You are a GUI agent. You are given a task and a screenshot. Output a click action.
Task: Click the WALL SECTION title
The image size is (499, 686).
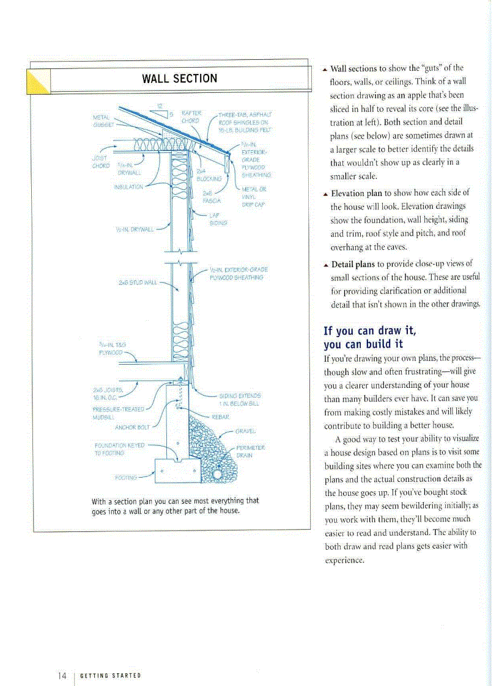coord(179,79)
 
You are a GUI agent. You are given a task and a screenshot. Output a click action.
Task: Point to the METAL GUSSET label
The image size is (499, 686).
coord(103,120)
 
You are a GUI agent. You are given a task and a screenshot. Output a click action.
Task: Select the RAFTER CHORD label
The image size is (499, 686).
coord(191,116)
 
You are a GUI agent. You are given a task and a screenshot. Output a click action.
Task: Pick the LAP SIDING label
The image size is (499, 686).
coord(218,219)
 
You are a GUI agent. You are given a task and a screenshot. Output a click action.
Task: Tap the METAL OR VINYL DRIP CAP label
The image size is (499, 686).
coord(253,197)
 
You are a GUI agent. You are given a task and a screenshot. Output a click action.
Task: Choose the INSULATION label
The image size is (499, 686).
coord(128,187)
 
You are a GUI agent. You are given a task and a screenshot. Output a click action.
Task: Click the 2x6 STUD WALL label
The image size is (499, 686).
coord(138,282)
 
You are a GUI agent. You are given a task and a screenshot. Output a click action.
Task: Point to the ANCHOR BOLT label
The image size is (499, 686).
coord(132,427)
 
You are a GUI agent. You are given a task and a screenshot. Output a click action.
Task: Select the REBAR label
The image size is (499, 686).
coord(220,417)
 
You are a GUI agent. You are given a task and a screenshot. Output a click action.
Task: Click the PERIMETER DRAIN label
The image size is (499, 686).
coord(250,451)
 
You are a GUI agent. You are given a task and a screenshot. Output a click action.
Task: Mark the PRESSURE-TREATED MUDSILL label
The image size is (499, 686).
coord(118,412)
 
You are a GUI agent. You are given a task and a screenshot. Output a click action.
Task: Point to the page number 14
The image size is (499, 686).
coord(62,675)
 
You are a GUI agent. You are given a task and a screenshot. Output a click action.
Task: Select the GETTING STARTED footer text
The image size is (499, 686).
coord(111,676)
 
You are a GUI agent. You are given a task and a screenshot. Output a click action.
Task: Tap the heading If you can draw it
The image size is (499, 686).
coord(369,330)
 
